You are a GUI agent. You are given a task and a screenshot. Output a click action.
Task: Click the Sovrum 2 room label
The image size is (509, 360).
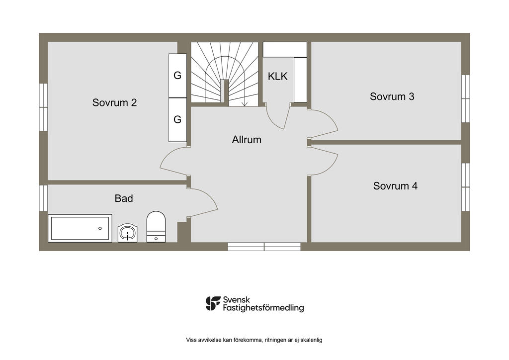[x=114, y=102]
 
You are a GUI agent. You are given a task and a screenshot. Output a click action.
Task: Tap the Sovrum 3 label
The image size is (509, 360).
[x=392, y=96]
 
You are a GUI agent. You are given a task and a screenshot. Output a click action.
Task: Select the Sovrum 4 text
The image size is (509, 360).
[x=395, y=185]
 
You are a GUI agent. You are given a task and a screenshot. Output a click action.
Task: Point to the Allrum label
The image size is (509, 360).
[x=247, y=140]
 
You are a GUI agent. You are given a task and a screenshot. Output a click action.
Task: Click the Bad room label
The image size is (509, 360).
[x=124, y=198]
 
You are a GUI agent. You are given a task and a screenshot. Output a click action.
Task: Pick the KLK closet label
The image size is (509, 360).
[x=277, y=76]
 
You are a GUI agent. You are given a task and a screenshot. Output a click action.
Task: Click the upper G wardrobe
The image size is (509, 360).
[x=177, y=76]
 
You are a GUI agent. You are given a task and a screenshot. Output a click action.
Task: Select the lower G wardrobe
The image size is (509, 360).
[x=177, y=120]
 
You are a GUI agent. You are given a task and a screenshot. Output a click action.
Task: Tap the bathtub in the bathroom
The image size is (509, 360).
[x=80, y=228]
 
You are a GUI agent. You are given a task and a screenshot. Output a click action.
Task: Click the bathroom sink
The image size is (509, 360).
[x=127, y=233]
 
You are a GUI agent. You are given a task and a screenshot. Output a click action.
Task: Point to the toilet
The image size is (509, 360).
[x=156, y=227]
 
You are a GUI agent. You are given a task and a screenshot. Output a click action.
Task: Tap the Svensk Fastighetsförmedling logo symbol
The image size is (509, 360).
[x=213, y=303]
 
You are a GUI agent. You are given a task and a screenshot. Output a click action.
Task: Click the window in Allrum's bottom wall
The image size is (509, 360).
[x=264, y=247]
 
